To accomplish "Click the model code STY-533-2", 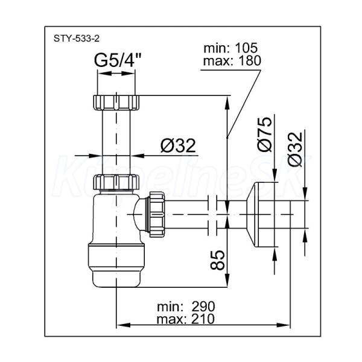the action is [77, 39].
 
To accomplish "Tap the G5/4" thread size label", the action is [118, 60].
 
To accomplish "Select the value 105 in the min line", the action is [246, 48].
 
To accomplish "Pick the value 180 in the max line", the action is [250, 61].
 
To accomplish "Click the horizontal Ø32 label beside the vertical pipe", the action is [178, 146].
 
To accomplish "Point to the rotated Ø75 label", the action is [265, 134].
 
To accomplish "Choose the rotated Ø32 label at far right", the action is [295, 149].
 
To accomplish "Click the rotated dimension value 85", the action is [217, 260].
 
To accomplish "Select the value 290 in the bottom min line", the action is [203, 307].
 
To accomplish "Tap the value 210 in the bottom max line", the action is [203, 319].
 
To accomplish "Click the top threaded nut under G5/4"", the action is [116, 103].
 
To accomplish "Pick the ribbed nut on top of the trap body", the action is [116, 182].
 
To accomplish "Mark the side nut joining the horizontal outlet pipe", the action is [157, 214].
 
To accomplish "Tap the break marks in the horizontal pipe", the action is [212, 215].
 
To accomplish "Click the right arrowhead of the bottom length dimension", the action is [284, 325].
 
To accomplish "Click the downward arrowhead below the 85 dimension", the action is [227, 281].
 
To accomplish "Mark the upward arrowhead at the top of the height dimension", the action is [227, 103].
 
